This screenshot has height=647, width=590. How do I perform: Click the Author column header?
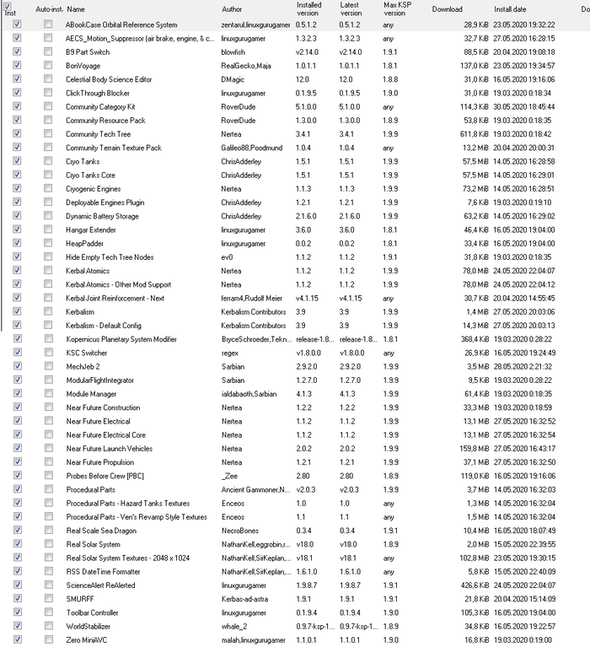coord(231,9)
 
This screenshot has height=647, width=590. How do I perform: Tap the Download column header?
coord(447,9)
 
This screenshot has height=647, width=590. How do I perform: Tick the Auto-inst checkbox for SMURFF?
coord(48,599)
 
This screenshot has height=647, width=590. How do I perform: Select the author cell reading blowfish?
coord(233,52)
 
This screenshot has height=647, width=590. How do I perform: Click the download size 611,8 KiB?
coord(471,134)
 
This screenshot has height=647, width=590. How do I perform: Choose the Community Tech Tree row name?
coord(98,134)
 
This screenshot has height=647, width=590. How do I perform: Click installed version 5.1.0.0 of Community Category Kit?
coord(310,107)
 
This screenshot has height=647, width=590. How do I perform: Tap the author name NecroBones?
coord(239,531)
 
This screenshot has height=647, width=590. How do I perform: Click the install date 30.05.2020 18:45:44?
coord(526,107)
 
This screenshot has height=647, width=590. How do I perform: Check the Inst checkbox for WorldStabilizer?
coord(18,627)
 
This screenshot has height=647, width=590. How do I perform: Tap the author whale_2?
coord(233,627)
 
